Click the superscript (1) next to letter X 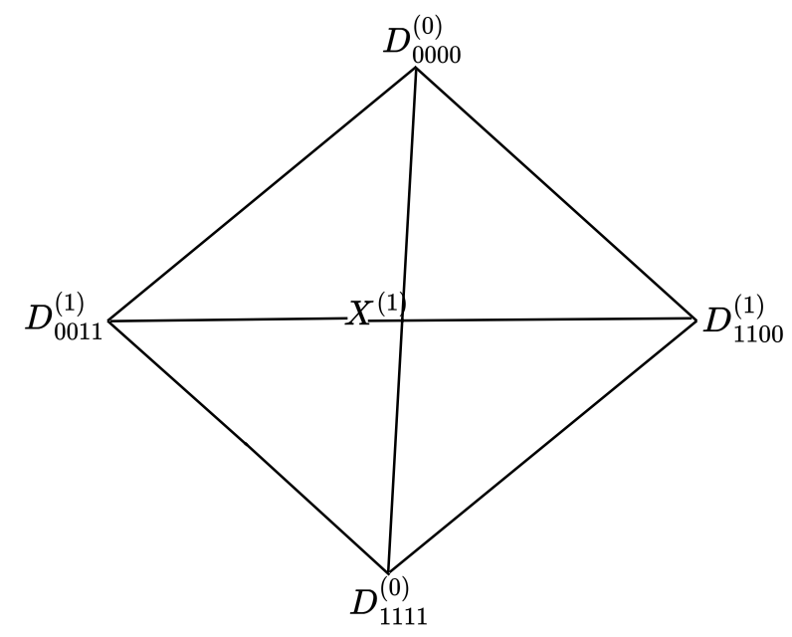(389, 304)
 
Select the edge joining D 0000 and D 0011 (261, 195)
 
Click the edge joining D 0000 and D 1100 (554, 193)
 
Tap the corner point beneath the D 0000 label (416, 70)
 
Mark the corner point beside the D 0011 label (106, 321)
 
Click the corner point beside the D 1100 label (694, 318)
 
